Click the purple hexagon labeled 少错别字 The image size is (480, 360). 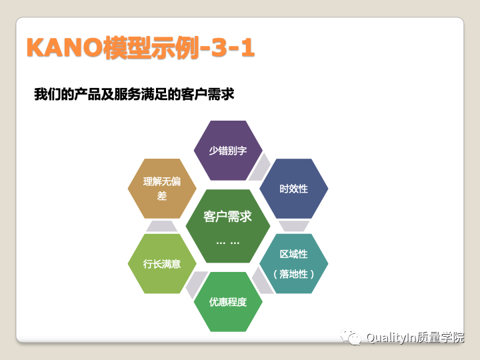pyautogui.click(x=228, y=150)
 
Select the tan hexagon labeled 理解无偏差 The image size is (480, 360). pyautogui.click(x=162, y=188)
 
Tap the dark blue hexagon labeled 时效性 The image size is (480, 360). pyautogui.click(x=293, y=188)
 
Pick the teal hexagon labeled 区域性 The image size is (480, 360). pyautogui.click(x=293, y=263)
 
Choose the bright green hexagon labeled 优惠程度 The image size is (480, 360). pyautogui.click(x=228, y=302)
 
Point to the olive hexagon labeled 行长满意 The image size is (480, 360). pyautogui.click(x=162, y=263)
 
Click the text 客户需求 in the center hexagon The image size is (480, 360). pyautogui.click(x=227, y=217)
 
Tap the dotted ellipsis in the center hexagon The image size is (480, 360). pyautogui.click(x=228, y=243)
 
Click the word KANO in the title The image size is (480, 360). pyautogui.click(x=65, y=47)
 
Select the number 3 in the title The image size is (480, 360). pyautogui.click(x=219, y=47)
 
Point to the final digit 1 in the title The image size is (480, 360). pyautogui.click(x=248, y=47)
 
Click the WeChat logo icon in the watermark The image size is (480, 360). pyautogui.click(x=351, y=337)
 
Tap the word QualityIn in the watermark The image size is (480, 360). pyautogui.click(x=391, y=337)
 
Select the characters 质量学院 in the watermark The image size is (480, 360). pyautogui.click(x=440, y=337)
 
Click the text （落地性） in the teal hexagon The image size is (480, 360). pyautogui.click(x=293, y=274)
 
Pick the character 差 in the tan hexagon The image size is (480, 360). pyautogui.click(x=162, y=195)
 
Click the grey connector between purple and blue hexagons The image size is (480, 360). pyautogui.click(x=259, y=167)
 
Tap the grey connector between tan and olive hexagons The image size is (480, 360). pyautogui.click(x=162, y=226)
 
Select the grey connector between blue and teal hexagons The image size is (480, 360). pyautogui.click(x=294, y=226)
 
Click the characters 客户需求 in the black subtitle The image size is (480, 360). pyautogui.click(x=207, y=94)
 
